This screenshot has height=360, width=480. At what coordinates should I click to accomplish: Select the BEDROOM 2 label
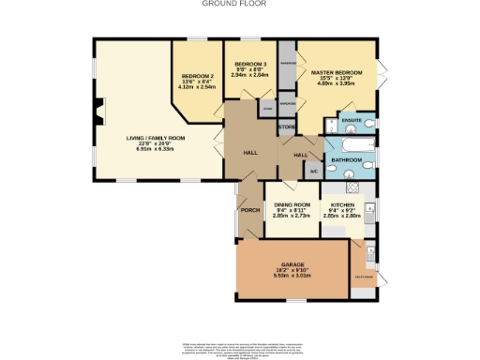(198, 74)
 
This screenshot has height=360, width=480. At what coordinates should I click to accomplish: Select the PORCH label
(249, 210)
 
